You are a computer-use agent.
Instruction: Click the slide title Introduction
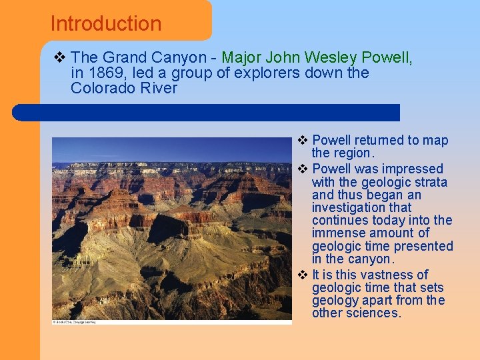pos(106,24)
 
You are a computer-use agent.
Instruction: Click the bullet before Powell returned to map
pos(302,141)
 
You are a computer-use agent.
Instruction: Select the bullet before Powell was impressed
pos(302,169)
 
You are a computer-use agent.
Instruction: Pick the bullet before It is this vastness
pos(302,275)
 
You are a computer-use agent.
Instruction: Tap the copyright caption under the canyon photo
pos(74,322)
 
